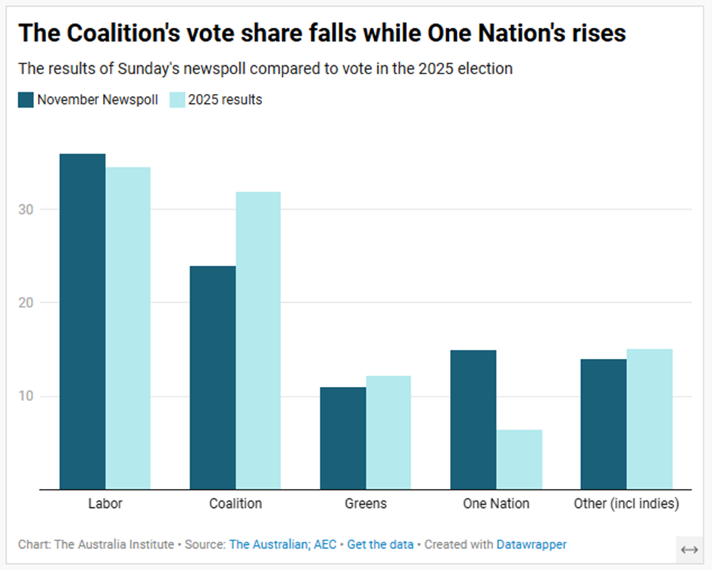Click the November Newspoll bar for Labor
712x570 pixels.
click(83, 322)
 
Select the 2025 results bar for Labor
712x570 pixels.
click(128, 329)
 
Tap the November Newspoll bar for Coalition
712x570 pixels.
click(213, 378)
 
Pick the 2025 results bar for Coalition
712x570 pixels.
click(258, 341)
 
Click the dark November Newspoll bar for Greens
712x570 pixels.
click(343, 438)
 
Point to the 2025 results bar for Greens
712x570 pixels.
click(389, 433)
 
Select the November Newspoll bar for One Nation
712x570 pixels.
click(473, 420)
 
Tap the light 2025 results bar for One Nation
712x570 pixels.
click(520, 459)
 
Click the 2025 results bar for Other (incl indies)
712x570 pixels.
click(649, 419)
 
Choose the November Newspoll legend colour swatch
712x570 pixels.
click(26, 100)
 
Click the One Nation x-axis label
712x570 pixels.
click(496, 503)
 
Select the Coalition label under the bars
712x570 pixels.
click(236, 503)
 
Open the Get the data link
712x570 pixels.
click(380, 544)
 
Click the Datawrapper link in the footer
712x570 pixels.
click(531, 544)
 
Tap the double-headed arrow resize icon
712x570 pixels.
click(689, 550)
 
